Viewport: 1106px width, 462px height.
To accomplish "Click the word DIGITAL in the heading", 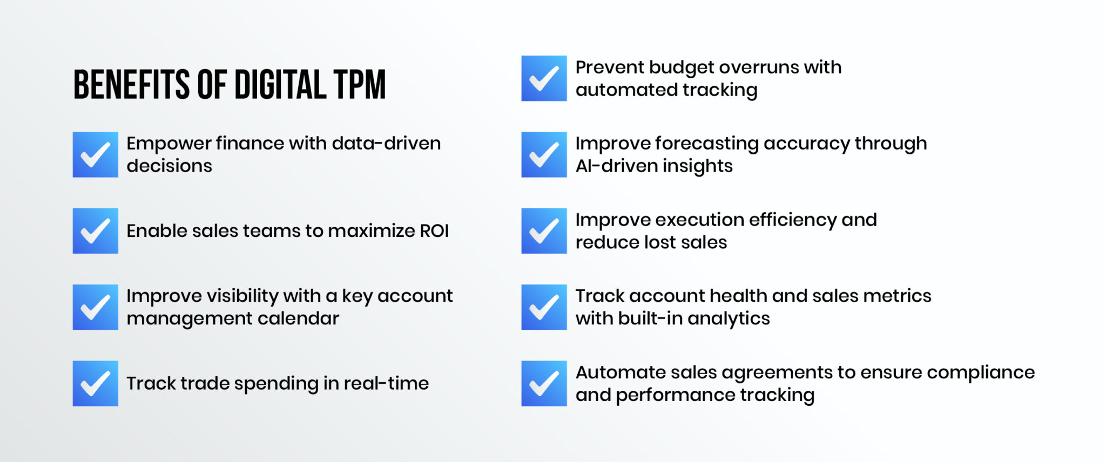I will [280, 85].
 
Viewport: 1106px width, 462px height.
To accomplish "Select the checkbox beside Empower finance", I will [96, 155].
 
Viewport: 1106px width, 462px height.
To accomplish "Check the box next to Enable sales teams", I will [96, 231].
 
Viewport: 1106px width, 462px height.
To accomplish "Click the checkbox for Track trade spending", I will [96, 384].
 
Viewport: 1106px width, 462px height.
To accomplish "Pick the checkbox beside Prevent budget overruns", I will [544, 78].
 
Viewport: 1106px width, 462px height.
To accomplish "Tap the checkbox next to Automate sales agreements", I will [544, 384].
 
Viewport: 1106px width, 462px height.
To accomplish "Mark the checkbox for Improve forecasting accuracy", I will [544, 155].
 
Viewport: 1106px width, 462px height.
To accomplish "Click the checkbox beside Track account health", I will [544, 307].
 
